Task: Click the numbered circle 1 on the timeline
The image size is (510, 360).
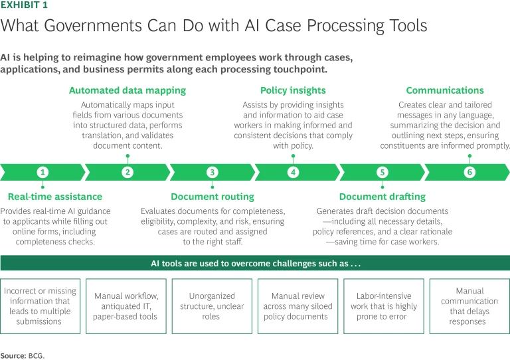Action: [x=42, y=172]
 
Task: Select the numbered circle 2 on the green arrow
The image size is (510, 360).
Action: [x=127, y=172]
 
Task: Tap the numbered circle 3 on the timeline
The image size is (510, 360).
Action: [x=212, y=172]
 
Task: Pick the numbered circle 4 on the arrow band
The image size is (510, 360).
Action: [x=293, y=172]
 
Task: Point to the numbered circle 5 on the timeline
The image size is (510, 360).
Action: [x=382, y=172]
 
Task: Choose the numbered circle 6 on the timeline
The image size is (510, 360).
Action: [x=469, y=172]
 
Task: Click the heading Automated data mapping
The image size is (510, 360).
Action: [x=127, y=90]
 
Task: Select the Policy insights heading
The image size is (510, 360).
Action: [x=293, y=90]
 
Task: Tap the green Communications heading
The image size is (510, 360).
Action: [x=445, y=90]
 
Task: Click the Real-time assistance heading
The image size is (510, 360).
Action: [x=55, y=197]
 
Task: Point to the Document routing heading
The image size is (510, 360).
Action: [x=212, y=197]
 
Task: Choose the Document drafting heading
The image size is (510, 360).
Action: [x=382, y=197]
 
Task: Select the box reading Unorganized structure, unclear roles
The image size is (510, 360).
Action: [x=212, y=306]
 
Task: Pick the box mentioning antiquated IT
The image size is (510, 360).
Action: [x=126, y=306]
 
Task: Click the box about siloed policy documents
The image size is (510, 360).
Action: [x=297, y=306]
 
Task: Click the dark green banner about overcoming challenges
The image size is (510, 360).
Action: [x=255, y=263]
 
